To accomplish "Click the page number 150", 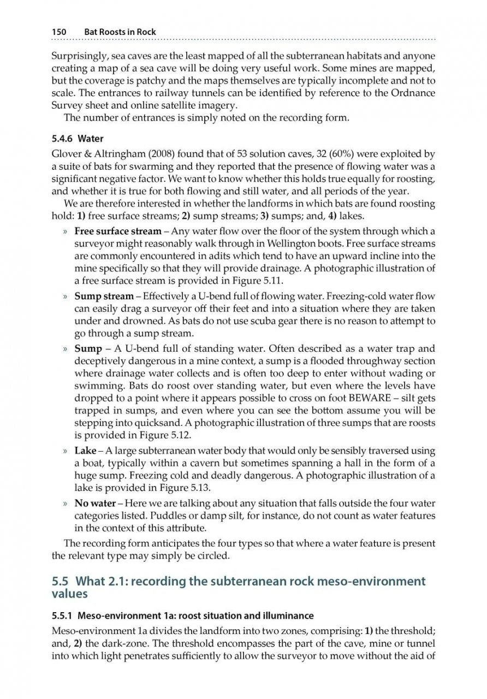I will (59, 32).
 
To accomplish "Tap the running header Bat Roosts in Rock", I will (120, 32).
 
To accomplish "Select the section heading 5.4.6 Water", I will (78, 139).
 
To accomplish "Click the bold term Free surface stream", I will (118, 231).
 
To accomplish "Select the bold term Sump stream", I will (104, 297).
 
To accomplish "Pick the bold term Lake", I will (85, 451).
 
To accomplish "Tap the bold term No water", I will (95, 503).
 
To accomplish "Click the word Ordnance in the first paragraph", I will (413, 93).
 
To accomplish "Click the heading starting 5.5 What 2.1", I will (239, 586).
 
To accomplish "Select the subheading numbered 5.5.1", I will (183, 616).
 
